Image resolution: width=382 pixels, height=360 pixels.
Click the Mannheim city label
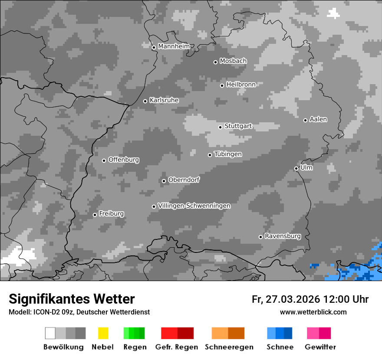(x=174, y=46)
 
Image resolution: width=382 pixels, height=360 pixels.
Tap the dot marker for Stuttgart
(x=221, y=127)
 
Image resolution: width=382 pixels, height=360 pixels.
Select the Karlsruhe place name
(x=164, y=100)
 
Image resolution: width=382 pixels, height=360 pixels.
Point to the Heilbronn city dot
(x=222, y=85)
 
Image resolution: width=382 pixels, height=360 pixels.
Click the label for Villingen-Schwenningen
(x=194, y=206)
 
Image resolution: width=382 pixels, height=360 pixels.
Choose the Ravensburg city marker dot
(x=261, y=237)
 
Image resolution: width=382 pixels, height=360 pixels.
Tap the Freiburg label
(x=111, y=214)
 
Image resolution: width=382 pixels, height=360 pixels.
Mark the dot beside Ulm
(x=296, y=169)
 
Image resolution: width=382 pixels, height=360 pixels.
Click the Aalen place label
(x=318, y=119)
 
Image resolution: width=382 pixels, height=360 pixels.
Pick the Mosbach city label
(x=233, y=61)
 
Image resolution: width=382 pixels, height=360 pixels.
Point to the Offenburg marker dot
(x=104, y=160)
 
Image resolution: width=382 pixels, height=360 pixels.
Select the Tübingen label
(x=228, y=154)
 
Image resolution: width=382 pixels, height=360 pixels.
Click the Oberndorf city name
(x=184, y=180)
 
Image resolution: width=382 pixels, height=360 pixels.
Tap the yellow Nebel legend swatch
(x=103, y=333)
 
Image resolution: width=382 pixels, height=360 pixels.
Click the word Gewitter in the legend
(x=320, y=347)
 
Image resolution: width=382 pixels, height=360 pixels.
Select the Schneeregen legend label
(x=229, y=347)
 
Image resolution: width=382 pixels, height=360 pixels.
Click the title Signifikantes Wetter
(x=72, y=299)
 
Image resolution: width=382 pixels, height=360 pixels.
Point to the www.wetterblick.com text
(x=313, y=312)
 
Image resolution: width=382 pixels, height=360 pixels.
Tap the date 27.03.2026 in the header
(x=293, y=299)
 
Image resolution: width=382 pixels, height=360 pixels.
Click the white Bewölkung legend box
(x=50, y=333)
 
